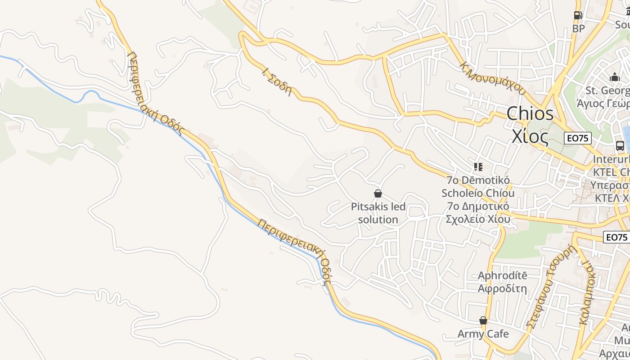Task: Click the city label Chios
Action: (x=530, y=113)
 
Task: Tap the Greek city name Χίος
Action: (x=530, y=136)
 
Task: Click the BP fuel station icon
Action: (x=578, y=15)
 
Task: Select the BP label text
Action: (x=578, y=29)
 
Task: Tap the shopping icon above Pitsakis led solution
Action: (x=378, y=193)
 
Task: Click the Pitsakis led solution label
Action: (x=378, y=213)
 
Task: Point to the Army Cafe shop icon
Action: (x=483, y=320)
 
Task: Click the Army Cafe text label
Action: (x=483, y=334)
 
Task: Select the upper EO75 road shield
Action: (x=578, y=138)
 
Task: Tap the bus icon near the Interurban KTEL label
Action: (x=620, y=146)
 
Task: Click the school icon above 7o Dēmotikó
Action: (x=478, y=167)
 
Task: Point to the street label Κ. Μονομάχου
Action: (x=492, y=77)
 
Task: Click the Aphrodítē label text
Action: (x=502, y=275)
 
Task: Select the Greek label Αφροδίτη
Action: (x=502, y=288)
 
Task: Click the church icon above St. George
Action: (x=615, y=77)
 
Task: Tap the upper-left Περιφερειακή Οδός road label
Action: (x=156, y=93)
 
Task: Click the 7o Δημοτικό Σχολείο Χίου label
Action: (x=478, y=212)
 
